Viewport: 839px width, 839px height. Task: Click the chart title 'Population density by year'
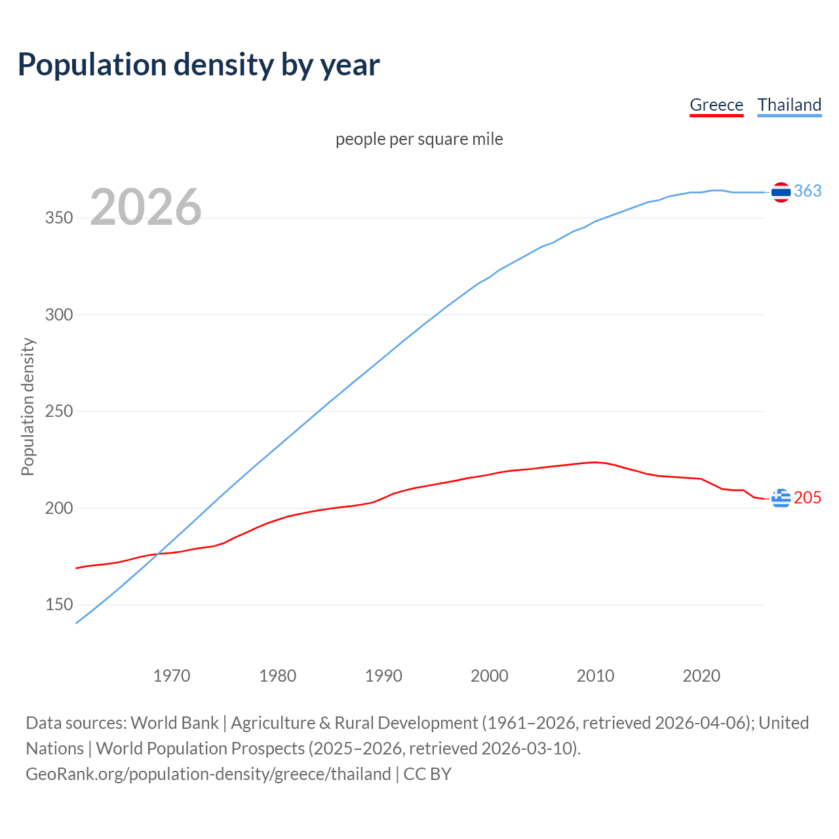pyautogui.click(x=199, y=65)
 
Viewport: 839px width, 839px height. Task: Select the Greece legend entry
pyautogui.click(x=716, y=105)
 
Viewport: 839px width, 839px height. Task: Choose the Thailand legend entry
pyautogui.click(x=789, y=105)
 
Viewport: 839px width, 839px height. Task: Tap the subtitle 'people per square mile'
pyautogui.click(x=419, y=139)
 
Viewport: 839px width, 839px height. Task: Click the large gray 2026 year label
pyautogui.click(x=146, y=207)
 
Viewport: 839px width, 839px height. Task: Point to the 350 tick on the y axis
pyautogui.click(x=59, y=218)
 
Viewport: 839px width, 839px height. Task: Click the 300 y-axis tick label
pyautogui.click(x=59, y=315)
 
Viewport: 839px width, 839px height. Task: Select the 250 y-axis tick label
pyautogui.click(x=59, y=412)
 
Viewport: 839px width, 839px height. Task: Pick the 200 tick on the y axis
pyautogui.click(x=59, y=508)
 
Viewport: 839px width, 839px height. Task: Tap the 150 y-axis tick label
pyautogui.click(x=59, y=605)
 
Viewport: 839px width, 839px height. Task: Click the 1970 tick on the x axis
pyautogui.click(x=172, y=676)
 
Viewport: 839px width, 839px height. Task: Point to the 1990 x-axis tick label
pyautogui.click(x=383, y=676)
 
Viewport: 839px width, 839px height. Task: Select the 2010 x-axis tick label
pyautogui.click(x=595, y=676)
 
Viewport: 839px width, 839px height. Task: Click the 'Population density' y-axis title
pyautogui.click(x=28, y=406)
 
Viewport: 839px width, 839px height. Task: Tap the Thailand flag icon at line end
pyautogui.click(x=781, y=192)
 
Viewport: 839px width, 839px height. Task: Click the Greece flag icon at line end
pyautogui.click(x=781, y=498)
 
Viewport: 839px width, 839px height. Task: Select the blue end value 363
pyautogui.click(x=808, y=191)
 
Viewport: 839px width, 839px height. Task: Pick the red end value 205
pyautogui.click(x=808, y=498)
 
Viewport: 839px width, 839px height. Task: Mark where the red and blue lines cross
pyautogui.click(x=159, y=554)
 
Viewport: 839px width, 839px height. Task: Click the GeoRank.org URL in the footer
pyautogui.click(x=208, y=774)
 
